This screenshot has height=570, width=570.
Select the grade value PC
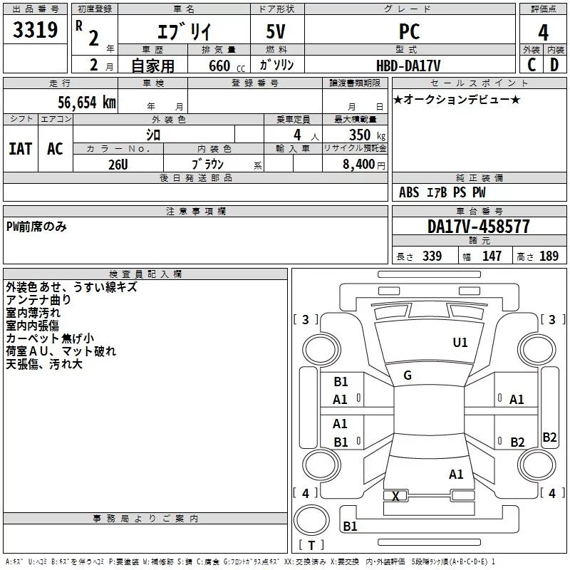(409, 31)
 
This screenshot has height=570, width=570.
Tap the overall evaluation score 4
(544, 33)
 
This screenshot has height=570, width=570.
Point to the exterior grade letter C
(531, 64)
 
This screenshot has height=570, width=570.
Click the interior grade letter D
(555, 64)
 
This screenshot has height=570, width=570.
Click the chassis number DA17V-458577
(479, 227)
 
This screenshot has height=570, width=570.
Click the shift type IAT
(20, 149)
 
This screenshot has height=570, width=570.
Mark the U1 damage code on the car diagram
(460, 343)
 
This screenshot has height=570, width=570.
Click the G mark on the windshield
(408, 375)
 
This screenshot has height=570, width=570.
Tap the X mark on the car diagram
(395, 496)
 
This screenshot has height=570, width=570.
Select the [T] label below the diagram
(311, 546)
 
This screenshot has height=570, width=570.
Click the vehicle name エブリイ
(182, 31)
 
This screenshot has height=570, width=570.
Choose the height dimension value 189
(549, 256)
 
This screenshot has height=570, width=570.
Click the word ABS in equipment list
(409, 192)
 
